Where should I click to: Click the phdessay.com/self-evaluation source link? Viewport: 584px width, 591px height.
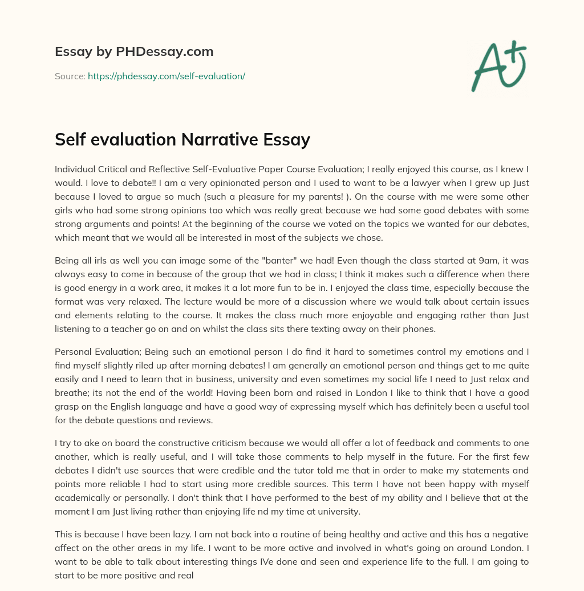click(166, 76)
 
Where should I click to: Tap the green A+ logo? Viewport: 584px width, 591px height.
click(498, 66)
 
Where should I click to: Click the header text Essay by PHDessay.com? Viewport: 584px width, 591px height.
click(134, 51)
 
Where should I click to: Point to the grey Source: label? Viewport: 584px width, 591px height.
click(70, 76)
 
